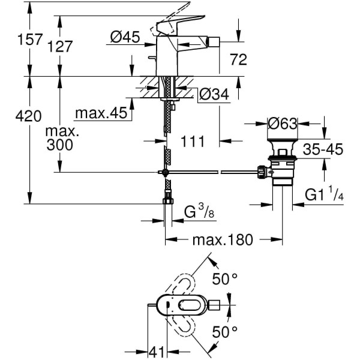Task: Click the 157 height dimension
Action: (15, 40)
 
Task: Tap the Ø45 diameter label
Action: (125, 38)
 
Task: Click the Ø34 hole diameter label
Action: (213, 94)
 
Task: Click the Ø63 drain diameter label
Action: (283, 124)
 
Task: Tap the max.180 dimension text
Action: (224, 241)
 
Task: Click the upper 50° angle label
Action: (226, 278)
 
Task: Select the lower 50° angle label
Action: (226, 331)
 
